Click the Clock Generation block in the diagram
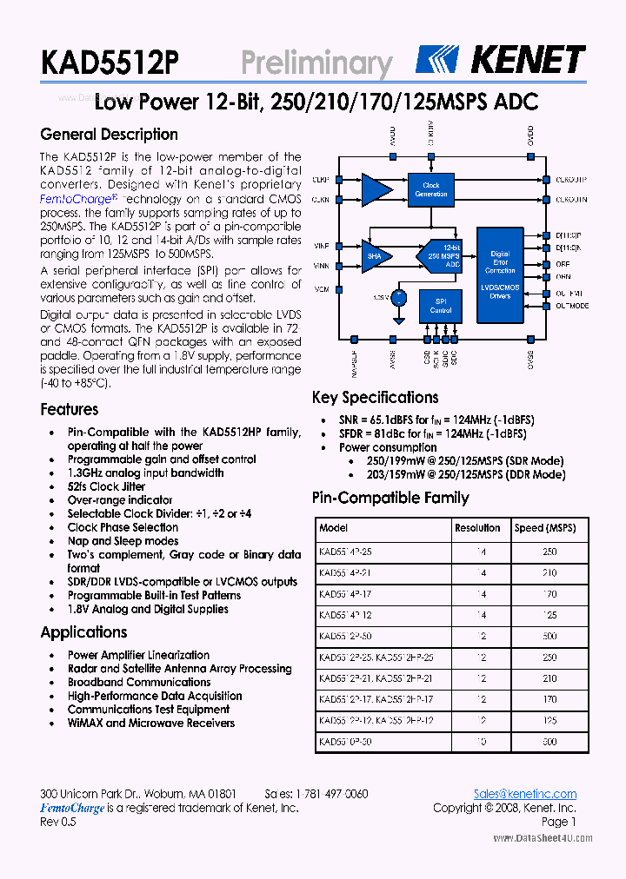tap(431, 189)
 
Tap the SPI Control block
tap(441, 306)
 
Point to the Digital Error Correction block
tap(500, 262)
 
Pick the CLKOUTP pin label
tap(570, 180)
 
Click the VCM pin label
tap(321, 289)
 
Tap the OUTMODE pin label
tap(572, 306)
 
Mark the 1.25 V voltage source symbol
tap(398, 298)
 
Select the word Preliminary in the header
tap(316, 63)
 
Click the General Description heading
tap(110, 135)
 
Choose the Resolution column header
tap(477, 528)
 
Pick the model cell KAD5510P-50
tap(345, 743)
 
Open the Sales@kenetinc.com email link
tap(524, 794)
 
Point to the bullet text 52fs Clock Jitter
tap(106, 486)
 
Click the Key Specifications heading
tap(376, 398)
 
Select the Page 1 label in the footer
tap(558, 822)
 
